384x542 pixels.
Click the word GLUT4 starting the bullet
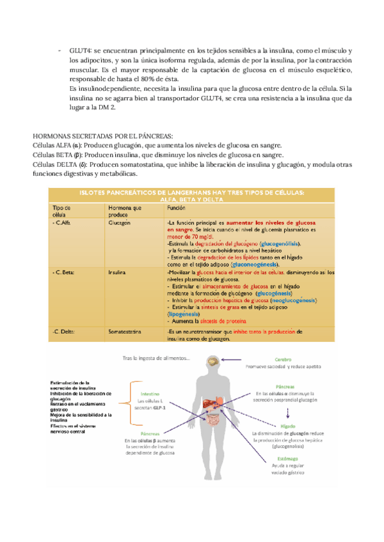(x=79, y=50)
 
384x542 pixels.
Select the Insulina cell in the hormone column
(x=119, y=272)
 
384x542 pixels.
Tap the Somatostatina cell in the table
(x=125, y=332)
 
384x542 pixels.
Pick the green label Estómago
(x=287, y=456)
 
